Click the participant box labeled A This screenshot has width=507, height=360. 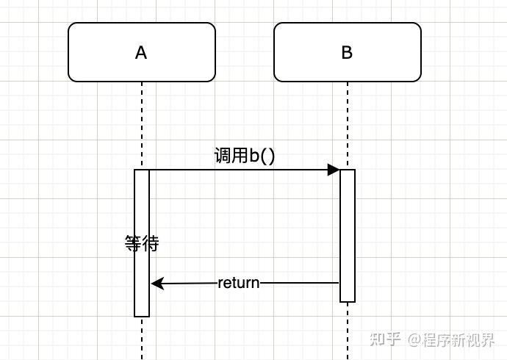click(142, 52)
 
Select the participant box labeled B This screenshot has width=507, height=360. click(348, 52)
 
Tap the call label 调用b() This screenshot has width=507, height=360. click(244, 156)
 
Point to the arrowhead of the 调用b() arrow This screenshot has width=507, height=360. click(334, 170)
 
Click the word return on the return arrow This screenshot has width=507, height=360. click(239, 283)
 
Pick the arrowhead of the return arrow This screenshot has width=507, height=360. click(157, 283)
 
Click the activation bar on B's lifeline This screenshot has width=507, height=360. click(348, 235)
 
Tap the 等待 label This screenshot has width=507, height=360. click(142, 244)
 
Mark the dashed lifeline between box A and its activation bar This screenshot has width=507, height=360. click(142, 125)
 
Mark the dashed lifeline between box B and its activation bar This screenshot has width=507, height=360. click(348, 125)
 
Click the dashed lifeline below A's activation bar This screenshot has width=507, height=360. click(142, 338)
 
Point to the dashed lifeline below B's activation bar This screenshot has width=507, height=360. click(348, 331)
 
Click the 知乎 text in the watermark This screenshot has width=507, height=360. click(386, 339)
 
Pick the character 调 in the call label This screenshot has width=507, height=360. click(221, 156)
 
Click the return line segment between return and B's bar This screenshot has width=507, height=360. click(300, 283)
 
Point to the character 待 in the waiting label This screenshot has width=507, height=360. click(150, 244)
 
